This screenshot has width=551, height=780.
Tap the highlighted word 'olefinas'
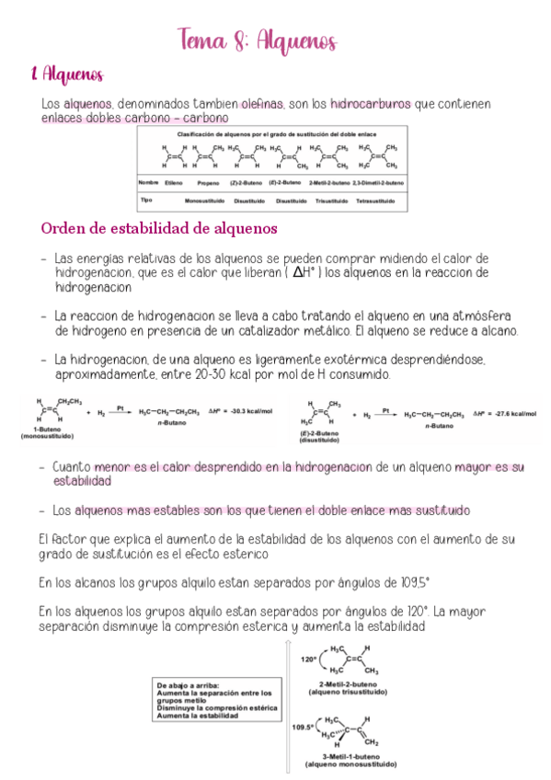tap(255, 104)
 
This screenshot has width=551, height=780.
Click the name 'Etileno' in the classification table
tap(174, 183)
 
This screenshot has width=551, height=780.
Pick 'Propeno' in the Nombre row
tap(207, 183)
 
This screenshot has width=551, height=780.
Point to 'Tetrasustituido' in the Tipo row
tap(376, 200)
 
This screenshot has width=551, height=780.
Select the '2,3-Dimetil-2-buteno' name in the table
tap(377, 183)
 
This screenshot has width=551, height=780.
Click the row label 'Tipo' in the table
tap(146, 199)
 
